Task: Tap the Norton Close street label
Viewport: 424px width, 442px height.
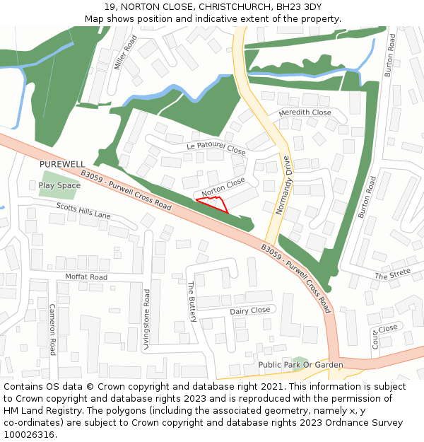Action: click(x=223, y=187)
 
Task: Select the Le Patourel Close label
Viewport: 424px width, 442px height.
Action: click(x=216, y=149)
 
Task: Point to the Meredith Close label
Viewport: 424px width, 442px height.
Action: click(x=305, y=112)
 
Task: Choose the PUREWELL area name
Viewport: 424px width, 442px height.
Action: click(x=62, y=164)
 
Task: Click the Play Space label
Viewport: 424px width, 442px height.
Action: click(x=59, y=185)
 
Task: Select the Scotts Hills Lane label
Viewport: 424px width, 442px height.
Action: click(x=83, y=210)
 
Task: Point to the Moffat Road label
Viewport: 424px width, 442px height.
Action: click(x=86, y=277)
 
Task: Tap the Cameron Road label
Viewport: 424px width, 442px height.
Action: click(x=52, y=330)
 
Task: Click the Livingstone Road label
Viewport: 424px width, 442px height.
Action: click(x=147, y=320)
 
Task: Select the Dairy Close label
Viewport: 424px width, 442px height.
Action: click(x=249, y=310)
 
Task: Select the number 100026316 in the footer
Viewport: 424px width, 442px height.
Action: click(x=28, y=435)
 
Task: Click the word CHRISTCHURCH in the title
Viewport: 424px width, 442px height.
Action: click(x=228, y=6)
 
